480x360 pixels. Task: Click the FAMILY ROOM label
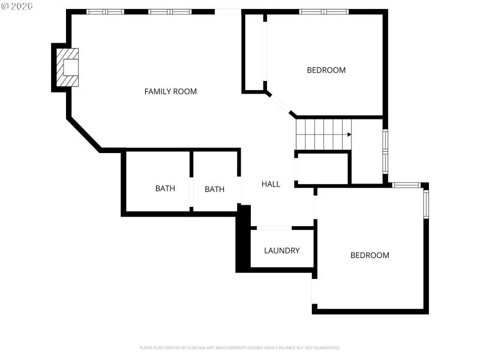170,92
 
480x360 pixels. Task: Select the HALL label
271,184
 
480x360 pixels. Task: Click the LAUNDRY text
281,251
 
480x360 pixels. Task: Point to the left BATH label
165,188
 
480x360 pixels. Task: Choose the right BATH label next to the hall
214,189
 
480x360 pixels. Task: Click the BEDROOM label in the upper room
326,70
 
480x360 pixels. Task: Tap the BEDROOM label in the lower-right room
370,256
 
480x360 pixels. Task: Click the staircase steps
323,134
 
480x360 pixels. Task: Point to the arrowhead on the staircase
349,134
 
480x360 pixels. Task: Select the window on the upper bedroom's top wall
324,11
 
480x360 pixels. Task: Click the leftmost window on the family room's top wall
105,11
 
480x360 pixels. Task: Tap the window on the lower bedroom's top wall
406,185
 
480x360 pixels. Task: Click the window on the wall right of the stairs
385,151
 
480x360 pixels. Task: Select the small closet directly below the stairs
323,169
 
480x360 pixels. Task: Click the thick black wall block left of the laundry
243,240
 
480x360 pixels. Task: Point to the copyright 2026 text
17,5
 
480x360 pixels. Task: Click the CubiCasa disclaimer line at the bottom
240,347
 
